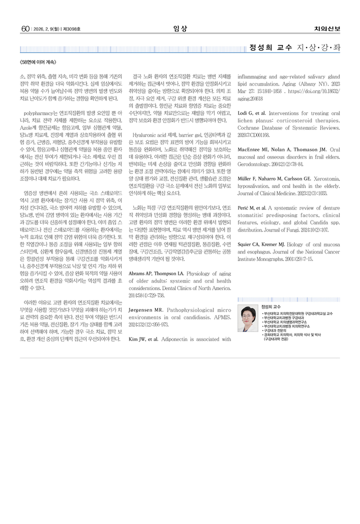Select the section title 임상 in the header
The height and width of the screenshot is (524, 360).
[x=179, y=28]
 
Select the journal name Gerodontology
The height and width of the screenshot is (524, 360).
[x=254, y=163]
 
